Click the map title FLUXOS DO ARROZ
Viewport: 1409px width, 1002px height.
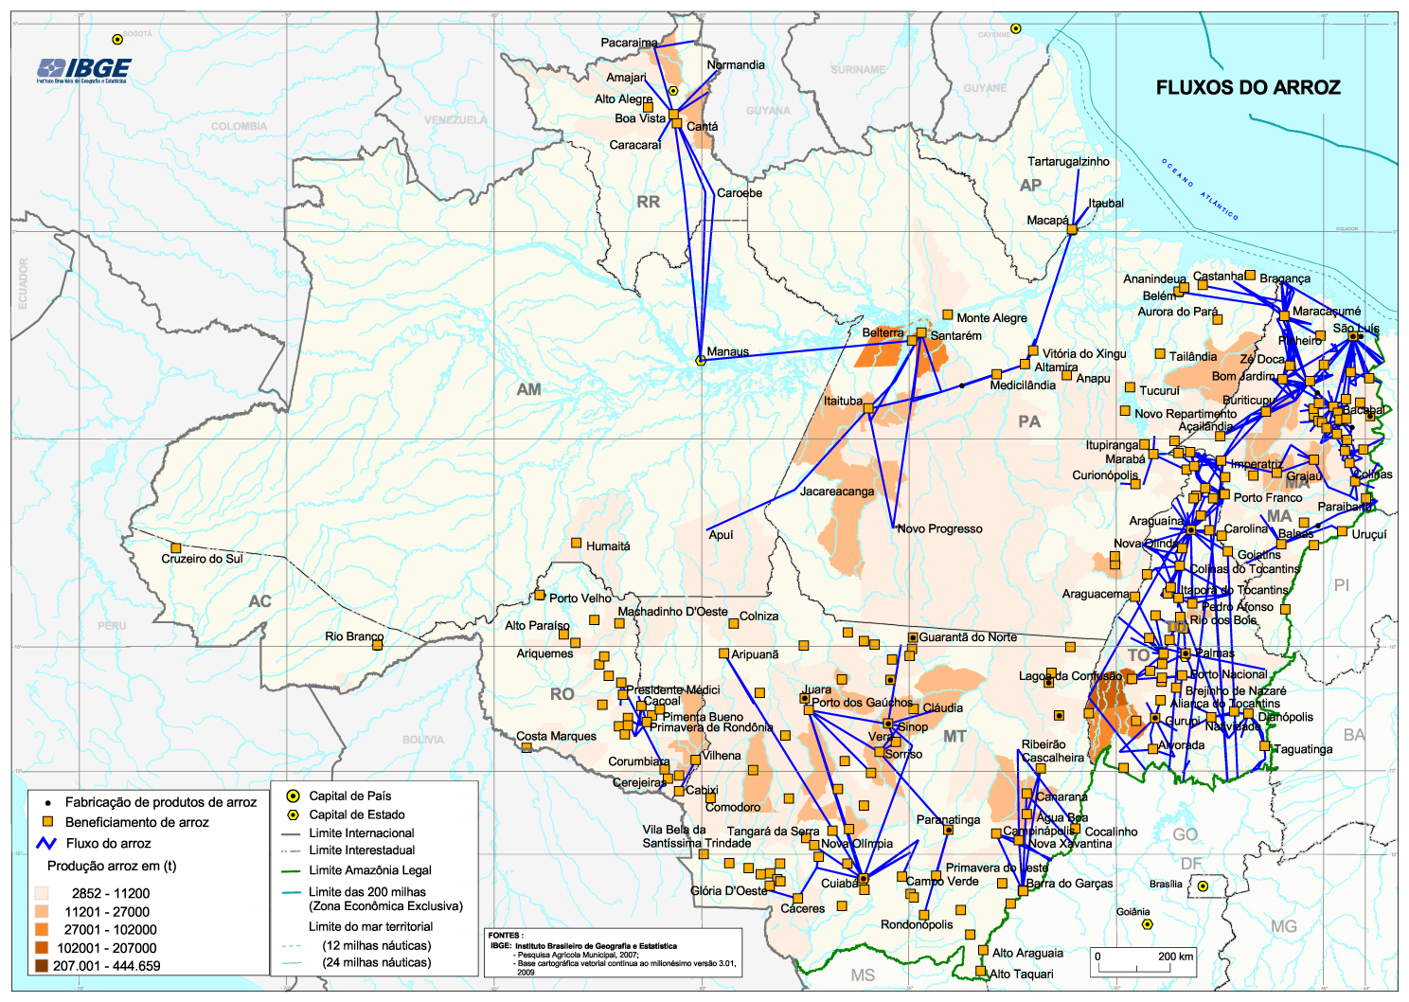pyautogui.click(x=1247, y=88)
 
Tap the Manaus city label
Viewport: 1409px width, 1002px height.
pyautogui.click(x=727, y=351)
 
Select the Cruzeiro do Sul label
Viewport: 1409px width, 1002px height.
pyautogui.click(x=202, y=559)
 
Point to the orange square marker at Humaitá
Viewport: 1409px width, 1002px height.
pyautogui.click(x=576, y=543)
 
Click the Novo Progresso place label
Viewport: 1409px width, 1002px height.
pyautogui.click(x=939, y=528)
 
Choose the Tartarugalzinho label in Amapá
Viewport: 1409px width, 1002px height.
pyautogui.click(x=1068, y=161)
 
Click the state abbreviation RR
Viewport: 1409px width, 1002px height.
pyautogui.click(x=648, y=202)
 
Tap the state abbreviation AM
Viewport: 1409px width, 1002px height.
pyautogui.click(x=528, y=389)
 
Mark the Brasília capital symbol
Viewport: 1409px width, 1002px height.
pyautogui.click(x=1203, y=886)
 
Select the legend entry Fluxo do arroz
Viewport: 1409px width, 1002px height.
pyautogui.click(x=108, y=843)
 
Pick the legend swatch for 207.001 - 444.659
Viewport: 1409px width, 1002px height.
pyautogui.click(x=41, y=966)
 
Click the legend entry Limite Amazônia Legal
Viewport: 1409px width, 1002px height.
pyautogui.click(x=370, y=870)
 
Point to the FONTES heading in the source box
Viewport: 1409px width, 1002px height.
pyautogui.click(x=506, y=935)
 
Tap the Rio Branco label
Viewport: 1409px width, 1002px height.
pyautogui.click(x=353, y=636)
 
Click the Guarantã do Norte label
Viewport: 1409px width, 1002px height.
pyautogui.click(x=967, y=637)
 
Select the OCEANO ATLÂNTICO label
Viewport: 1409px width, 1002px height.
pyautogui.click(x=1199, y=189)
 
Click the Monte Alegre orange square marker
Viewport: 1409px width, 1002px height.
pyautogui.click(x=947, y=314)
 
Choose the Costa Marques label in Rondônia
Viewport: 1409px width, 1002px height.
pyautogui.click(x=556, y=736)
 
